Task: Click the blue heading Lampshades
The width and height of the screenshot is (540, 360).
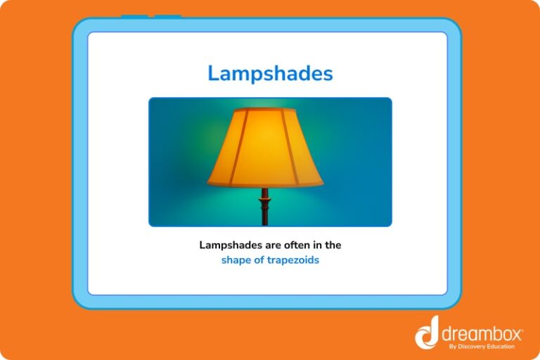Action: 270,73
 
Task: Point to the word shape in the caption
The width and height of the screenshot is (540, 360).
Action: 236,260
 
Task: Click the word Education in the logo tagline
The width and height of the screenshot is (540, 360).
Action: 501,346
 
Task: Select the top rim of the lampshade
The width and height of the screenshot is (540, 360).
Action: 265,110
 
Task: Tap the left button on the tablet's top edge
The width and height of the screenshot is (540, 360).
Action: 134,16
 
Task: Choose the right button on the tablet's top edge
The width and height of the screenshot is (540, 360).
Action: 168,16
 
